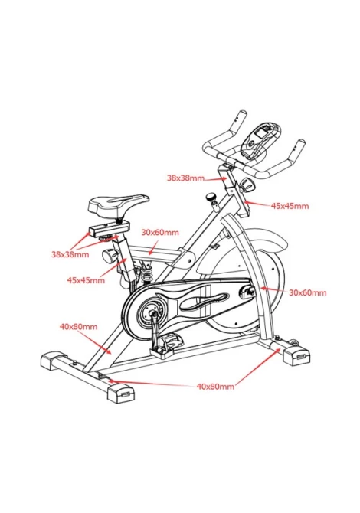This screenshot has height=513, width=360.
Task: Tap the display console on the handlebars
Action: coord(261,140)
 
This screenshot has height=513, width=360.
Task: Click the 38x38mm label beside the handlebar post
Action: coord(185,178)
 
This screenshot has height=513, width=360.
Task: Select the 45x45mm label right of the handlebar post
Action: coord(290,206)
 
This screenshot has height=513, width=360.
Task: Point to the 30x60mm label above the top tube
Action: coord(160,233)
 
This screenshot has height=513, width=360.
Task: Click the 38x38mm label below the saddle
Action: coord(70,254)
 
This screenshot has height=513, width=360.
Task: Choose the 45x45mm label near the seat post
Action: coord(86,280)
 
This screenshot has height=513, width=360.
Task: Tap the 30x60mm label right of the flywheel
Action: coord(308,292)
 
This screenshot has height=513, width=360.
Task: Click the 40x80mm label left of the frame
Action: coord(78,326)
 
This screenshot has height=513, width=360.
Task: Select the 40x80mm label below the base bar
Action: coord(215,387)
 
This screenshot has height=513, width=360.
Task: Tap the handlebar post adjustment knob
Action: coord(247,185)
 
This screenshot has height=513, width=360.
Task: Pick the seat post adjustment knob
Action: coord(110,256)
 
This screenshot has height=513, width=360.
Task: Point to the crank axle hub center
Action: coord(152,313)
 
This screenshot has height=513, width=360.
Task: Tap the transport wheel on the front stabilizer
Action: coord(296,343)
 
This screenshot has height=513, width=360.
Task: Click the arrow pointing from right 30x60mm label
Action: coord(273,289)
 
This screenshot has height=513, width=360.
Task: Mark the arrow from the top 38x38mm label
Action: coord(216,179)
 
